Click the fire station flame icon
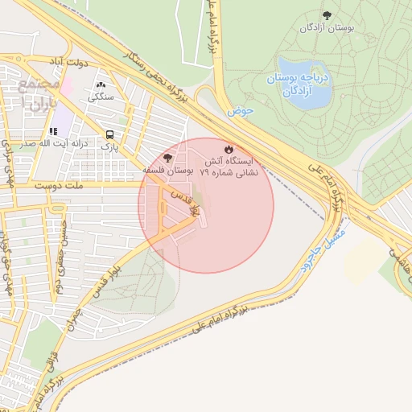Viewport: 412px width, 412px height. point(229,150)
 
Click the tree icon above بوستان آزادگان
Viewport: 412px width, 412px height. point(326,15)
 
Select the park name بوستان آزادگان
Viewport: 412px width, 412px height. point(328,28)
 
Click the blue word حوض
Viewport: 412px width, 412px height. point(240,111)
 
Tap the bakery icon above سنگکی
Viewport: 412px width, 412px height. point(101,84)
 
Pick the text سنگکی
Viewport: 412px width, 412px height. point(101,97)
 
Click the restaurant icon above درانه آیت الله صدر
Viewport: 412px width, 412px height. point(53,131)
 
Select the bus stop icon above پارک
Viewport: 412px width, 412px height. point(109,135)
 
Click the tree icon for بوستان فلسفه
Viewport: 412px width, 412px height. point(167,158)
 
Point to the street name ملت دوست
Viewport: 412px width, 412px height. point(60,185)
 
